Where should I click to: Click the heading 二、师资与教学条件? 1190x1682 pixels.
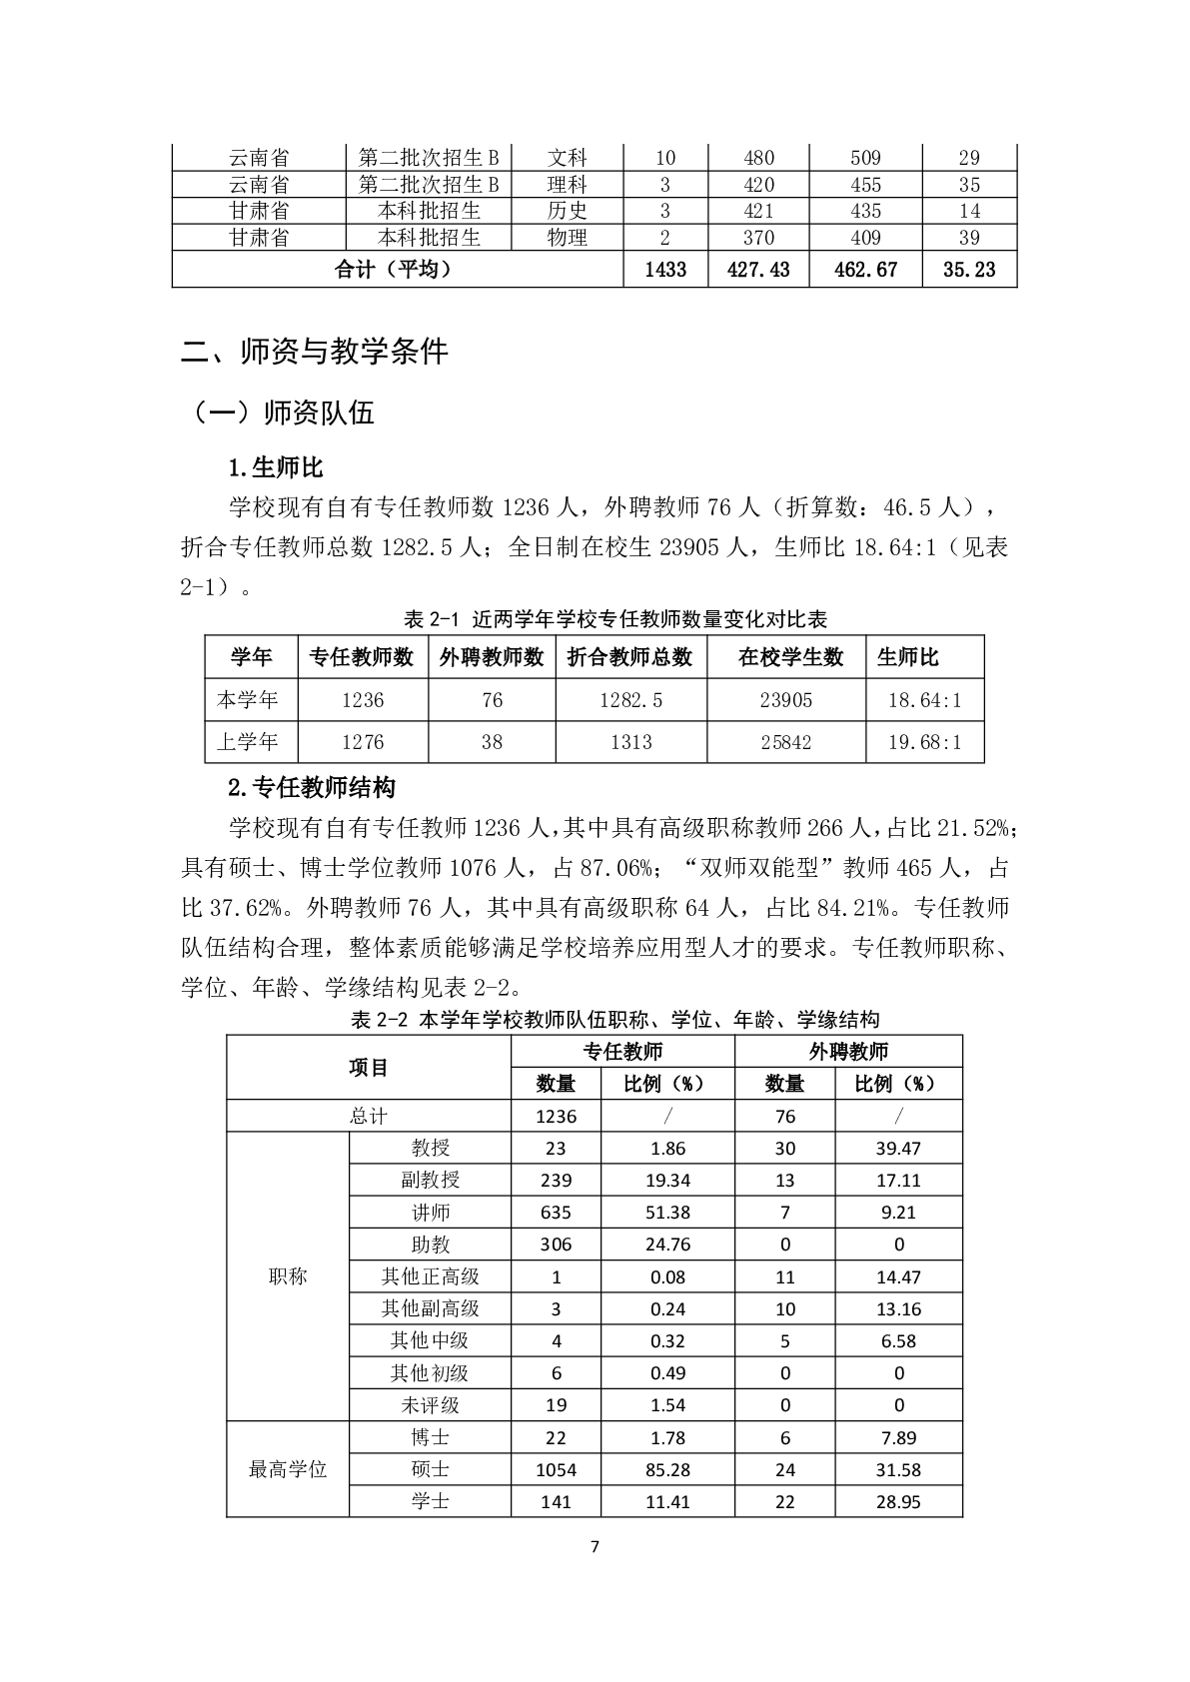[315, 352]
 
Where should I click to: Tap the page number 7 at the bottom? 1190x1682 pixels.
[595, 1547]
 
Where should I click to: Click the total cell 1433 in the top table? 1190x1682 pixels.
[665, 270]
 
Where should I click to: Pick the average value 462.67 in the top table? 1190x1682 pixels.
[865, 270]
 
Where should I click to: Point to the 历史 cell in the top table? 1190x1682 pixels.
[568, 211]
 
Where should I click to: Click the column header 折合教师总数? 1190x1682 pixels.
[630, 657]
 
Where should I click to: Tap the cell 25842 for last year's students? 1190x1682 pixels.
[786, 742]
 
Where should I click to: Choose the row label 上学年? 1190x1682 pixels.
[248, 742]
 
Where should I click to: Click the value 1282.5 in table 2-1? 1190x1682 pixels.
[630, 700]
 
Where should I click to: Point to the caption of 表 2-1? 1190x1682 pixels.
[615, 620]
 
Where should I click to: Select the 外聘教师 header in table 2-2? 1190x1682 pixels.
[848, 1051]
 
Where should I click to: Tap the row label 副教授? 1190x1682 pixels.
[431, 1180]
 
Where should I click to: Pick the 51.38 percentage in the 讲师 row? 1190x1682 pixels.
[667, 1213]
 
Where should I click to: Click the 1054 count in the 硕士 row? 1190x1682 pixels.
[557, 1470]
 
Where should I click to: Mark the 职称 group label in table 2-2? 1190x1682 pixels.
[288, 1276]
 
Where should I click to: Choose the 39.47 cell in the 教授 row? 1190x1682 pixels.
[899, 1149]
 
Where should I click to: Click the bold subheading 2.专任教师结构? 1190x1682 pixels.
[312, 788]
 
